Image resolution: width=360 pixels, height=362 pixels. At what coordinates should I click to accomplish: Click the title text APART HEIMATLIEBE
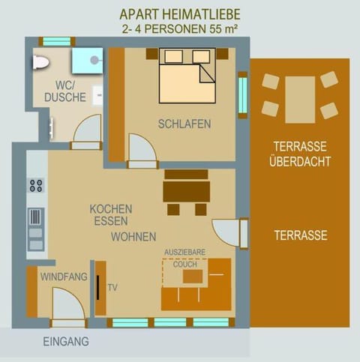pos(180,14)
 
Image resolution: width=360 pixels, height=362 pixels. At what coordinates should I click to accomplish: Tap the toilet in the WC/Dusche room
pos(40,62)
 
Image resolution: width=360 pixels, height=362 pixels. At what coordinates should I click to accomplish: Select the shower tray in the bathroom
pos(87,61)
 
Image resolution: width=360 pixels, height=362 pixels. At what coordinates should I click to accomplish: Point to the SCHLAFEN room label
pos(184,124)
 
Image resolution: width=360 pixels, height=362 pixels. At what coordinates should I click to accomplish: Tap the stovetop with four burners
pos(35,185)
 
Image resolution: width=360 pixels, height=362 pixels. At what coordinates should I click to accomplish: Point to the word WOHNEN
pos(133,236)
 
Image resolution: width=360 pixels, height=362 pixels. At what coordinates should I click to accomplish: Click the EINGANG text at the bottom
pos(66,341)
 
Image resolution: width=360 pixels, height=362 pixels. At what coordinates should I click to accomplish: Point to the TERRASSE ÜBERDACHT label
pos(300,154)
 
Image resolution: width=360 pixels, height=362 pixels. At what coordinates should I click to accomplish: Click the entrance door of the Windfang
pos(68,307)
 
